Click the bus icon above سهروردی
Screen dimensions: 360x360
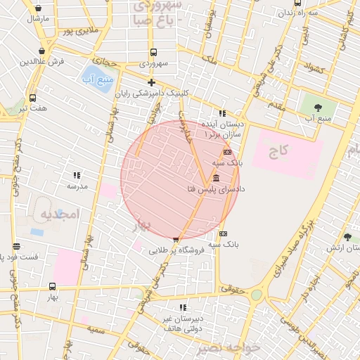coord(153,52)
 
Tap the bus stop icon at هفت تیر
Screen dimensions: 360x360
coord(32,98)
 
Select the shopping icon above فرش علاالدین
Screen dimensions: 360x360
coord(45,51)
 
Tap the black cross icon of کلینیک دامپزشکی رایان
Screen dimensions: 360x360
coord(151,82)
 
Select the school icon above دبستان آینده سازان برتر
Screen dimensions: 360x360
coord(222,113)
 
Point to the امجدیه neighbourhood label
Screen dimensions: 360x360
coord(57,213)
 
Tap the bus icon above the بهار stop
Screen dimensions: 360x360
coord(52,286)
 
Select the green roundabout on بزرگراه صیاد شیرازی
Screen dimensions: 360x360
coord(257,295)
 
